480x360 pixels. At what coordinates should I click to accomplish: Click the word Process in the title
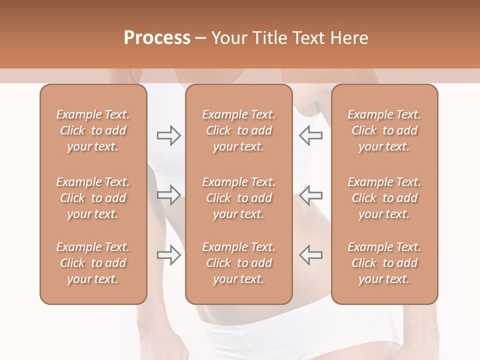[157, 38]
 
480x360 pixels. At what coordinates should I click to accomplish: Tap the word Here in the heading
[349, 38]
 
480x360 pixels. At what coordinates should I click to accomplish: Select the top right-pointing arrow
[169, 135]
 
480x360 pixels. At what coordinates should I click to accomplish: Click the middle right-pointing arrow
[169, 195]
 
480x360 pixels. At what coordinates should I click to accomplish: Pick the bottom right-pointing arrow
[169, 255]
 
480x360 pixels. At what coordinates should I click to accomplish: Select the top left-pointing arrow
[310, 135]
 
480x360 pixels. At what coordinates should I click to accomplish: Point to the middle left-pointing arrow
[310, 195]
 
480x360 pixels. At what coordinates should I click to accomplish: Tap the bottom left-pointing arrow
[310, 255]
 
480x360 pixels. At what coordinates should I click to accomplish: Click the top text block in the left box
[93, 130]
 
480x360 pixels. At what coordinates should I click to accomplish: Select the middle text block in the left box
[93, 198]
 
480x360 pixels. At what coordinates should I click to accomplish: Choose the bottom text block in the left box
[93, 263]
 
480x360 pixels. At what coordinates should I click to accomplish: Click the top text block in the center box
[239, 130]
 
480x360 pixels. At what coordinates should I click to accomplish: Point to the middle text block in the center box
[239, 198]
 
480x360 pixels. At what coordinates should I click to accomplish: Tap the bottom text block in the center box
[239, 263]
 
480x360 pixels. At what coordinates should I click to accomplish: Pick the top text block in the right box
[384, 130]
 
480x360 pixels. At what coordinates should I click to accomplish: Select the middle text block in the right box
[384, 198]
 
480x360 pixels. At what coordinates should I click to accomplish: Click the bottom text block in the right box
[384, 263]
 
